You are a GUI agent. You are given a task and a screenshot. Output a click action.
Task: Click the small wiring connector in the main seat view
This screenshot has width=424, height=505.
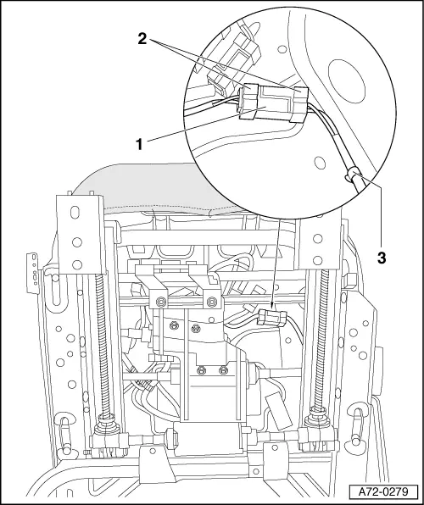click(x=269, y=317)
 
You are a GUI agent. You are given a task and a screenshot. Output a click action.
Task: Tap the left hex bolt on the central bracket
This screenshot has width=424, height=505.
click(x=158, y=302)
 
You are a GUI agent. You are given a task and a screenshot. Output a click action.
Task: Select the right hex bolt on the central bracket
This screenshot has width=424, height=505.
click(x=209, y=302)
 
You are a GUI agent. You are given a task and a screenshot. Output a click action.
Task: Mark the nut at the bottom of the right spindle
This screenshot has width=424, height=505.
click(x=320, y=416)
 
